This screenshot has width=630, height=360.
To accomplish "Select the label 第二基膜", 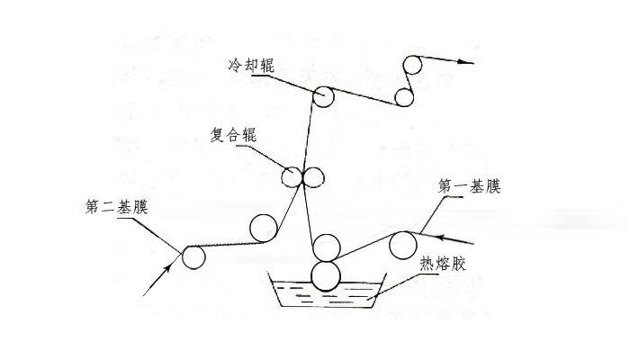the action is point(115,208).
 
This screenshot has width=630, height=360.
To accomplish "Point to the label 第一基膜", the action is point(469,188).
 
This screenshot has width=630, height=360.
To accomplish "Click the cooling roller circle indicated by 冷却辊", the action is point(324,96).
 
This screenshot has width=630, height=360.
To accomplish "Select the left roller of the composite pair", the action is point(293,176).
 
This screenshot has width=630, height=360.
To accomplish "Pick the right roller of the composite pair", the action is point(314,176).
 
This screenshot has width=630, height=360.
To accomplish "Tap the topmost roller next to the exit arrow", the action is point(413,65).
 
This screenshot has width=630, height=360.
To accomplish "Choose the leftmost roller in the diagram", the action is point(193,257).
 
